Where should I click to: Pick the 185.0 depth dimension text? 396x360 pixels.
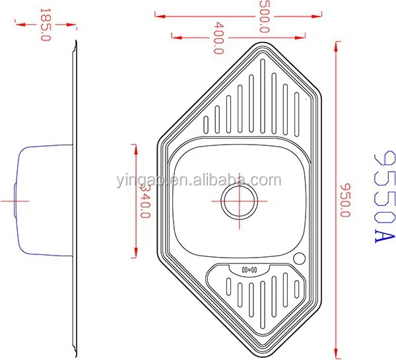point(46,24)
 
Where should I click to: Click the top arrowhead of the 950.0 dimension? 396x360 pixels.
point(336,52)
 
